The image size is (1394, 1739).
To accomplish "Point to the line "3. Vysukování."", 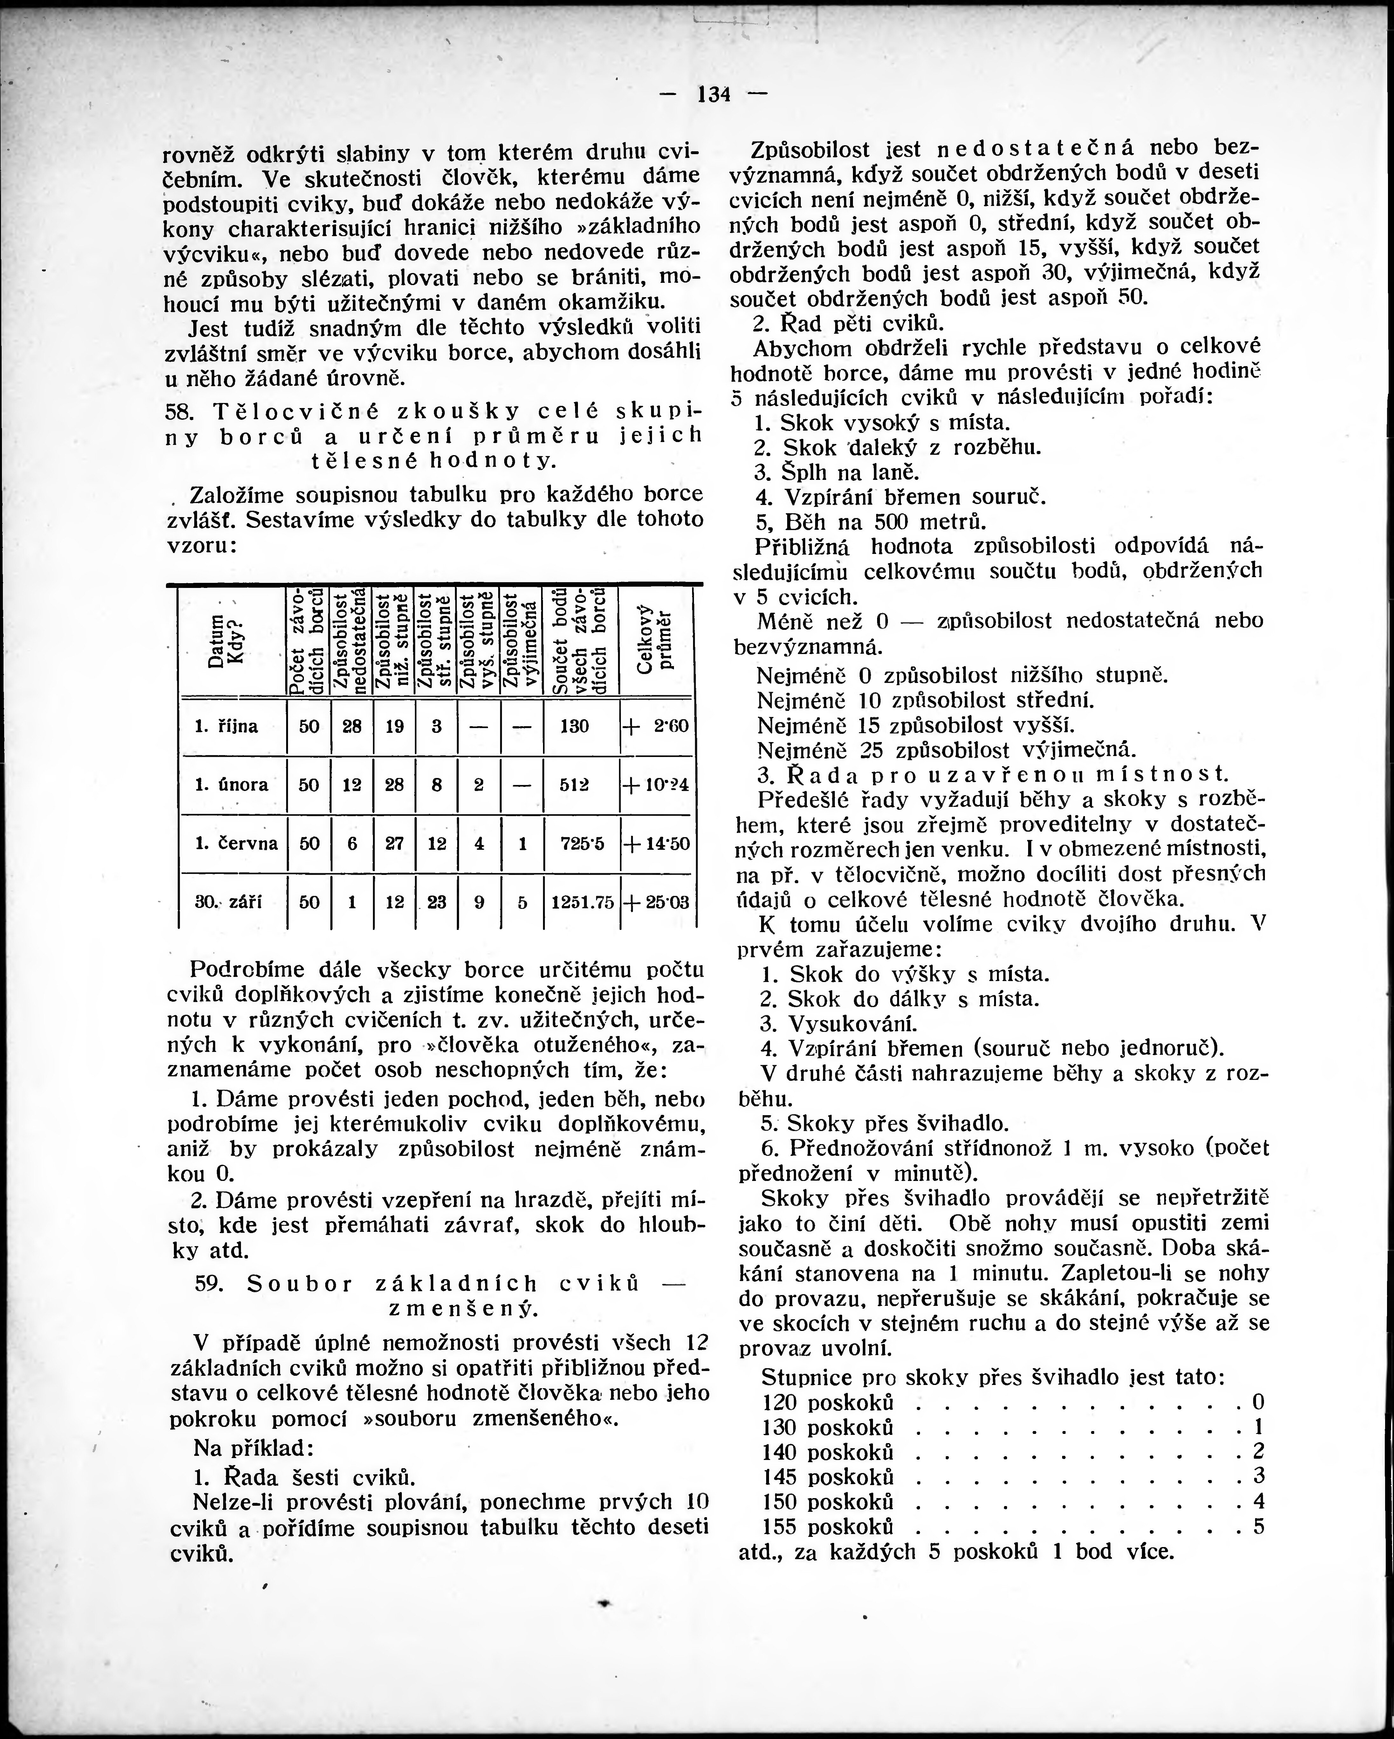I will coord(839,1024).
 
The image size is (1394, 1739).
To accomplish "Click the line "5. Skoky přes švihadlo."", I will coord(885,1123).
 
